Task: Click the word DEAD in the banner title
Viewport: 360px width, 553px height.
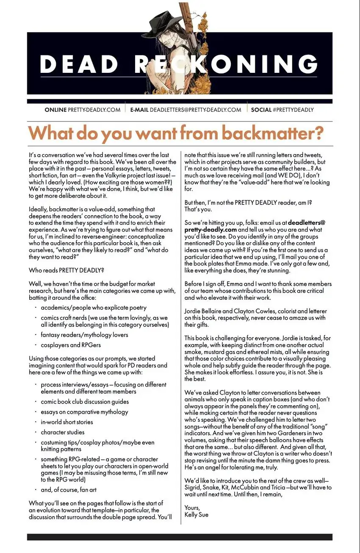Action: [x=80, y=64]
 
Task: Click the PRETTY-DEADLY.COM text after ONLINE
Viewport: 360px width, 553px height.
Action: [x=94, y=110]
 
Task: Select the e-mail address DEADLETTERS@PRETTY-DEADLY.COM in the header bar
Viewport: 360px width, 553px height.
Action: [x=195, y=110]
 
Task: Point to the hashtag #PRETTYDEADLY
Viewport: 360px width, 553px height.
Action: [x=293, y=110]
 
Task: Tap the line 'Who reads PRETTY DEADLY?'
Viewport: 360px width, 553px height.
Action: [x=66, y=270]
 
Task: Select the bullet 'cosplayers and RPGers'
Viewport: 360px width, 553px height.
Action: [x=73, y=345]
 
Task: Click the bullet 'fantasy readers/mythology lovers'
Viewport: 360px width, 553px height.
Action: [x=84, y=335]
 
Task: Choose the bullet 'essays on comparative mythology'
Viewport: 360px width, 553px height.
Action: [x=84, y=412]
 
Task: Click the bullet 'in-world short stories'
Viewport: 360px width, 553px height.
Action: [x=66, y=422]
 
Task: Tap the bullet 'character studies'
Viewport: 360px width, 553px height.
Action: [x=62, y=432]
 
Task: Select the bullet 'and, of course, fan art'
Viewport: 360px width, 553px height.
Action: [x=69, y=489]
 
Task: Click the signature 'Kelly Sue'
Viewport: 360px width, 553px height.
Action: [x=196, y=514]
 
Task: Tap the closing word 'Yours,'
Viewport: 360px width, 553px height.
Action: [x=192, y=507]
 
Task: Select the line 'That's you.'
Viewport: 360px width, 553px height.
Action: [x=198, y=209]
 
